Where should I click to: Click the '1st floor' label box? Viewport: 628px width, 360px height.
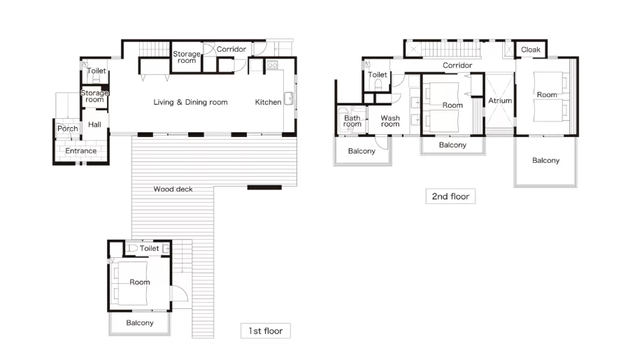tap(266, 331)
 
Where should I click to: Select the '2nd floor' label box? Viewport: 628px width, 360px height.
tap(450, 196)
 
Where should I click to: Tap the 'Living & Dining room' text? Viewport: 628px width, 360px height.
tap(190, 102)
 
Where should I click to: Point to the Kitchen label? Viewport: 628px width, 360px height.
tap(268, 102)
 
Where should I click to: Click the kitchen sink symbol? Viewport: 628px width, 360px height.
tap(289, 99)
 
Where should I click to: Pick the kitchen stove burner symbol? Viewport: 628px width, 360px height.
tap(272, 64)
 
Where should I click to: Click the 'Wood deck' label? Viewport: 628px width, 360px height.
tap(173, 189)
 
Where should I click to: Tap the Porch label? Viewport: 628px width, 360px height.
tap(68, 129)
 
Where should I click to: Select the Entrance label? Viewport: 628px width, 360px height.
tap(81, 150)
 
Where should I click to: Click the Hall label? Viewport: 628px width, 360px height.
tap(94, 124)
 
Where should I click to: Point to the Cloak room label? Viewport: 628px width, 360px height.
tap(531, 50)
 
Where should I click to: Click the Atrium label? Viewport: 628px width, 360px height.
tap(500, 101)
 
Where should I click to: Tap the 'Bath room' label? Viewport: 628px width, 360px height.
tap(352, 121)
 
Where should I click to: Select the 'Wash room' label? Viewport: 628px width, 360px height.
tap(390, 121)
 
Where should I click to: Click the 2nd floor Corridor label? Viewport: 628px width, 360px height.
tap(457, 65)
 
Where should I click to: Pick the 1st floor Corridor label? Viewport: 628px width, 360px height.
tap(231, 49)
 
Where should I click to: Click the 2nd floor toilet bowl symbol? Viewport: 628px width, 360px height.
tap(378, 85)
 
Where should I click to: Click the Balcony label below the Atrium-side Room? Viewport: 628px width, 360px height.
tap(452, 145)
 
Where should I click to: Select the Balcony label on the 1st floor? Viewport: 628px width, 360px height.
tap(140, 323)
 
